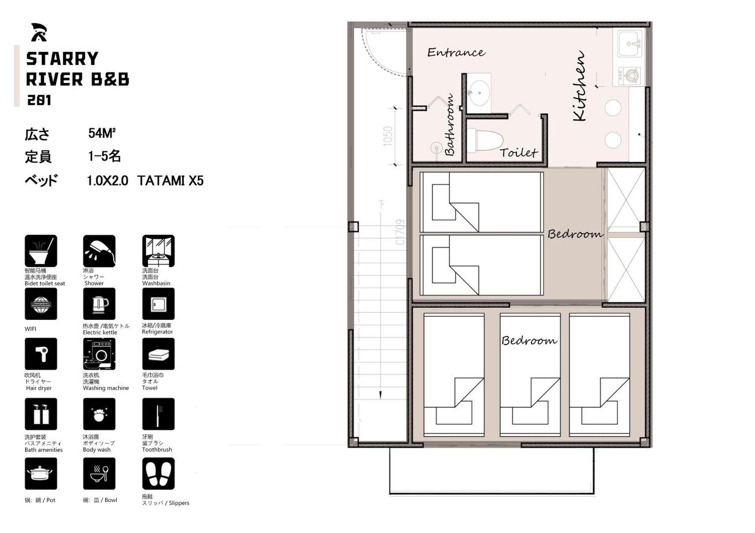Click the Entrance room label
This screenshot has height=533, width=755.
click(456, 52)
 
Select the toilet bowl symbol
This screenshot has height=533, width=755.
click(486, 140)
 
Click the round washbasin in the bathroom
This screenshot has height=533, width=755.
click(479, 93)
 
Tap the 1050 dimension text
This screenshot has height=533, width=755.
click(388, 136)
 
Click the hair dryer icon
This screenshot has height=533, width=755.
click(41, 354)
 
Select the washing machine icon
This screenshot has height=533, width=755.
click(99, 354)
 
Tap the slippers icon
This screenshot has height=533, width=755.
click(158, 473)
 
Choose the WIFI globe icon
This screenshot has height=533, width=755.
click(41, 304)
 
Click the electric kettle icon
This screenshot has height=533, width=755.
click(99, 304)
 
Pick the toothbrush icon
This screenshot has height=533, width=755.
click(158, 414)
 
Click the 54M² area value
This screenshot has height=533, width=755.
click(101, 134)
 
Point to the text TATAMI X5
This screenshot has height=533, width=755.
click(170, 181)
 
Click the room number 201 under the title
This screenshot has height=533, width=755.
click(39, 100)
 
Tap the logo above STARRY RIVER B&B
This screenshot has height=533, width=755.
click(39, 32)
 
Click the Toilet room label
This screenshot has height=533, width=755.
click(518, 152)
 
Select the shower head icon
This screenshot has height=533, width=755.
click(99, 251)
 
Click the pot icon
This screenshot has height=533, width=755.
click(41, 473)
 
